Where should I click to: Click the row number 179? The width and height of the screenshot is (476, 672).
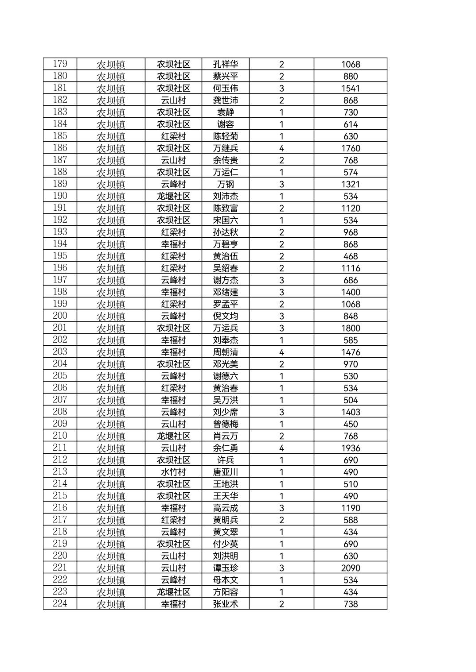(60, 64)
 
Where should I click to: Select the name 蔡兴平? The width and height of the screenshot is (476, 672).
(225, 76)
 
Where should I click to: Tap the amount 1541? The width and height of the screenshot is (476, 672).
(350, 88)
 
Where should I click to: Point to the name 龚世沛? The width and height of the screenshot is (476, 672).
(225, 100)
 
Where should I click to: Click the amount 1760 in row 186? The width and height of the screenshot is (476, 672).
(350, 148)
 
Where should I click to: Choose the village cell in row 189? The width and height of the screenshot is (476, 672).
(173, 184)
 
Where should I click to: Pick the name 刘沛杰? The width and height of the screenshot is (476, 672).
(225, 196)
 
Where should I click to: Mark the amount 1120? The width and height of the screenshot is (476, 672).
(350, 208)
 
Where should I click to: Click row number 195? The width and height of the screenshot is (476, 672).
(60, 256)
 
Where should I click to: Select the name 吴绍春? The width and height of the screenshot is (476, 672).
(225, 268)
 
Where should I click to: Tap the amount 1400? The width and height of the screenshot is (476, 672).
(350, 292)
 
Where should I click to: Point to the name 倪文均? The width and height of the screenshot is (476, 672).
(225, 316)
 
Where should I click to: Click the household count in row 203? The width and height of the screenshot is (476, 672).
(281, 352)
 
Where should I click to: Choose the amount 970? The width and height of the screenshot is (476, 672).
(350, 364)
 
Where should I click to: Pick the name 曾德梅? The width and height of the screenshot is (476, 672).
(225, 424)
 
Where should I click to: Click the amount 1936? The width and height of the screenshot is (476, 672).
(350, 448)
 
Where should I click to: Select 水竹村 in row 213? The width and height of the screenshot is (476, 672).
(173, 472)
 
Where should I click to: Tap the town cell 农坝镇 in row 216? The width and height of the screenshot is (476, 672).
(111, 508)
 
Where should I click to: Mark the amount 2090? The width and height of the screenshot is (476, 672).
(350, 568)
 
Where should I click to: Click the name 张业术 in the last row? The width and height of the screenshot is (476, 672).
(225, 604)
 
